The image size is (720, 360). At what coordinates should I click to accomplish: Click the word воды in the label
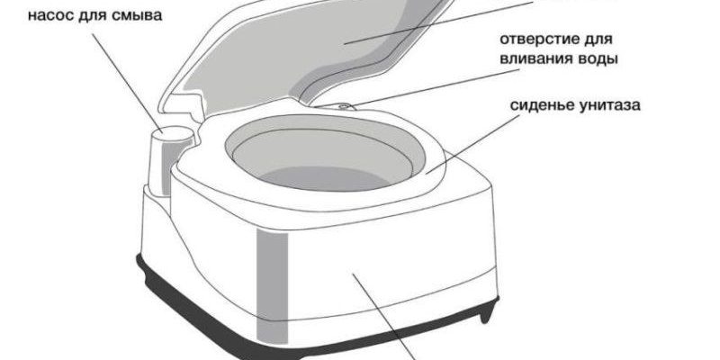click(596, 60)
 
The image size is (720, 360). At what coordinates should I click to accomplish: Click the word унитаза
click(609, 105)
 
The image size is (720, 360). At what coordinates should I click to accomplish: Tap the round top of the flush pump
click(173, 133)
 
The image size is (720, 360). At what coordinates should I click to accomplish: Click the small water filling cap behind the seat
click(346, 106)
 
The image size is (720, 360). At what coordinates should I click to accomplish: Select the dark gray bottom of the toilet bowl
click(325, 178)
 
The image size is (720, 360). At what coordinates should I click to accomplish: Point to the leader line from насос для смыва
click(126, 81)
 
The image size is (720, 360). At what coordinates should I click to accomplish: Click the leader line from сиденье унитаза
click(472, 143)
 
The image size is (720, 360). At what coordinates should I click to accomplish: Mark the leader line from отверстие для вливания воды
click(434, 88)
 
